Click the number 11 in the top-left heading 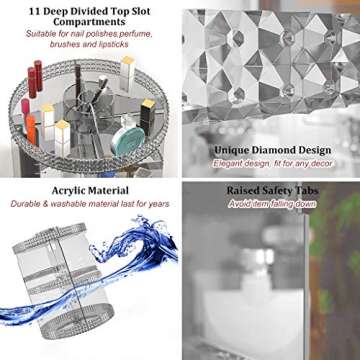(x=34, y=11)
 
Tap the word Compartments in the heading (x=89, y=22)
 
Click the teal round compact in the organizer (x=128, y=141)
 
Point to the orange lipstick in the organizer (x=31, y=130)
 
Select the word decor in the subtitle (x=321, y=164)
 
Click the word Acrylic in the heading (x=68, y=191)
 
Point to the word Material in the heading (x=108, y=191)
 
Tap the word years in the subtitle (x=157, y=204)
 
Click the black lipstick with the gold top (x=147, y=116)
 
